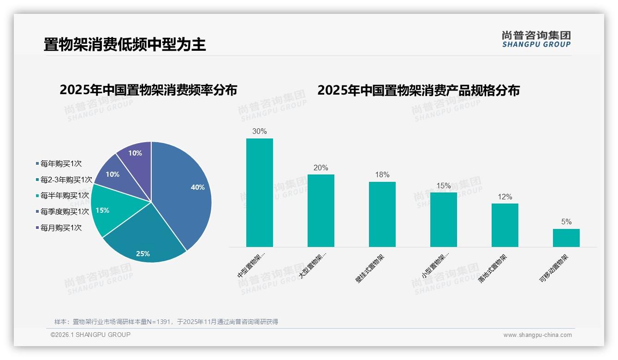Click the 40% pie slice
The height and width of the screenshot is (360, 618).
(184, 189)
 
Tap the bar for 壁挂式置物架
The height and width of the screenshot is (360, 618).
(382, 215)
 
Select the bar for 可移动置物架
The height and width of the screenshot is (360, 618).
(566, 238)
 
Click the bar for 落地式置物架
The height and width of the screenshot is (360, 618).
(505, 225)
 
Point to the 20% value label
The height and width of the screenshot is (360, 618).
(321, 168)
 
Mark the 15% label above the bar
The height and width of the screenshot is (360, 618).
(444, 186)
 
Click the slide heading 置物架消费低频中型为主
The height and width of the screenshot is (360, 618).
(125, 45)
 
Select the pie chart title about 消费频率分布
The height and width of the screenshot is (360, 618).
(149, 90)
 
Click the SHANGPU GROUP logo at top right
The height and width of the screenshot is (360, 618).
(536, 39)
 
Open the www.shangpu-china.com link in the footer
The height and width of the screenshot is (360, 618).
(537, 335)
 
